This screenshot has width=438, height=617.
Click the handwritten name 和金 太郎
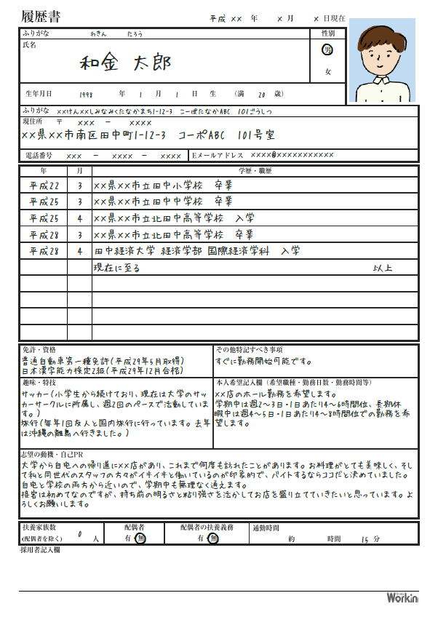125,63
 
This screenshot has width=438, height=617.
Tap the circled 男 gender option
327,49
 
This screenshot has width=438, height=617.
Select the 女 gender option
327,71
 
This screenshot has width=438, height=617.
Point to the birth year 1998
86,95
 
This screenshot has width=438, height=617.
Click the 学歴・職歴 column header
254,171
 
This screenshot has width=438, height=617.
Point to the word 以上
383,268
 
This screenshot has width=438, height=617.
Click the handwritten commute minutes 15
365,539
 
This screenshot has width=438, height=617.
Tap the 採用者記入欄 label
40,550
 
